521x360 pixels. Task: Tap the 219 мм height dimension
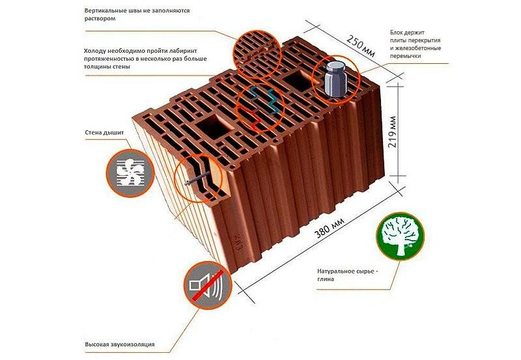(x=392, y=132)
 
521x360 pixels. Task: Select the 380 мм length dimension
(x=330, y=228)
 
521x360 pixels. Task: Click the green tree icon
(x=400, y=236)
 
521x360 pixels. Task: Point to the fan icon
(x=130, y=173)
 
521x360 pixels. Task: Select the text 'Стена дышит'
(x=104, y=133)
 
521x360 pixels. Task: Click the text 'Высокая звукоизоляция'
(x=120, y=344)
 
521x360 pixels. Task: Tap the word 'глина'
(x=326, y=279)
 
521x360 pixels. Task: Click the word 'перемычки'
(x=405, y=56)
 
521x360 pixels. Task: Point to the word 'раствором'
(x=100, y=19)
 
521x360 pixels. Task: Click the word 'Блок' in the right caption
(x=397, y=33)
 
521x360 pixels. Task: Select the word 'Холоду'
(x=94, y=51)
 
